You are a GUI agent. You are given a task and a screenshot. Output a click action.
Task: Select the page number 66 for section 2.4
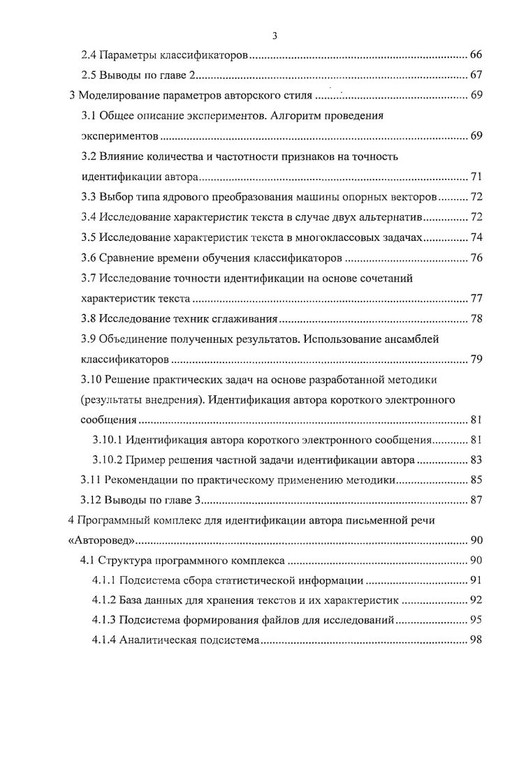click(x=476, y=54)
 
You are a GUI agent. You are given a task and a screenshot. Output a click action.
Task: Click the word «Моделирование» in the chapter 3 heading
click(x=121, y=96)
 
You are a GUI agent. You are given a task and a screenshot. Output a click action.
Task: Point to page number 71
click(x=476, y=176)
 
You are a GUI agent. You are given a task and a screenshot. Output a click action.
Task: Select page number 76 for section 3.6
click(x=476, y=258)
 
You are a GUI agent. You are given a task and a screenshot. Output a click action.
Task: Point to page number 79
click(x=476, y=360)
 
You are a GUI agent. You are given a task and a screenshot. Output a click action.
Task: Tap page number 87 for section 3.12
click(x=476, y=500)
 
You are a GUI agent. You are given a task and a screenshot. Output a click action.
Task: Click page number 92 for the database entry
click(x=476, y=600)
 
